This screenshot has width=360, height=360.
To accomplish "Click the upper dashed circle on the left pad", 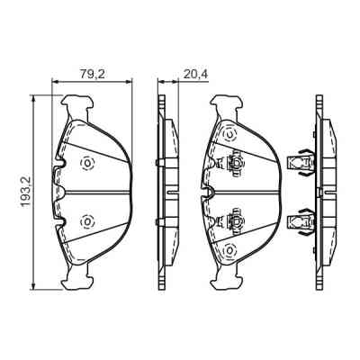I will click(x=87, y=162).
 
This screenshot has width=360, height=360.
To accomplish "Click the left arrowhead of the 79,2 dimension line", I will click(x=57, y=81).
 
